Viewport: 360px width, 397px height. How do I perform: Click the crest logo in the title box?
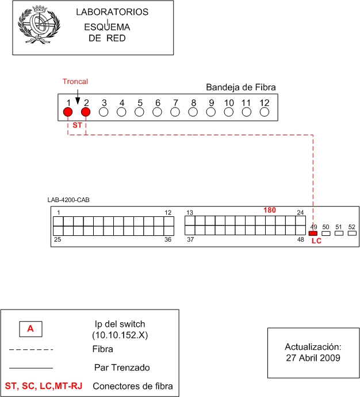[x=39, y=25]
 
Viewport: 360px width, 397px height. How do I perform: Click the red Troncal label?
[x=75, y=82]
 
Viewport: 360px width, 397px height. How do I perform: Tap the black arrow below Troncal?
[x=78, y=97]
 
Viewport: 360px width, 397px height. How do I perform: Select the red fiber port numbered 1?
[x=68, y=112]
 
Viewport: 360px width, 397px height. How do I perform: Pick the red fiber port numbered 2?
[x=86, y=112]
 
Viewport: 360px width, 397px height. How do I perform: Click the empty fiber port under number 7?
[x=175, y=112]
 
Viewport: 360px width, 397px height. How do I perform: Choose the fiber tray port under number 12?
[x=265, y=112]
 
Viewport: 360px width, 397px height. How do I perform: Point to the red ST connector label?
[x=77, y=125]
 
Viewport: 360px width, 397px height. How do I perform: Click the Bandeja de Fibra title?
[x=240, y=87]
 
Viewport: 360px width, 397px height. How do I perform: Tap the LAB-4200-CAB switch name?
[x=68, y=200]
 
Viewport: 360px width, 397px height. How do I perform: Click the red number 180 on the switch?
[x=270, y=210]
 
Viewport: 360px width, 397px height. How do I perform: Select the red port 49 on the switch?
[x=313, y=233]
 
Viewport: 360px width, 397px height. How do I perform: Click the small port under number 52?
[x=352, y=233]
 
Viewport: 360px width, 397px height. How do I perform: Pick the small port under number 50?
[x=326, y=233]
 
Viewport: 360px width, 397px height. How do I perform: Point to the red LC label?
[x=316, y=241]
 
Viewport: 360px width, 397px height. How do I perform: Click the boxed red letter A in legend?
[x=30, y=329]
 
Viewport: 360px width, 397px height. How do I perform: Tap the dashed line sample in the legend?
[x=31, y=350]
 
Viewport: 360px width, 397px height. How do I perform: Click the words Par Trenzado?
[x=122, y=368]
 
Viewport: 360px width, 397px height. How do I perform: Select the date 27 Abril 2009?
[x=313, y=358]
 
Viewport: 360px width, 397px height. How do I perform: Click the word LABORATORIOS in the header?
[x=112, y=12]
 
